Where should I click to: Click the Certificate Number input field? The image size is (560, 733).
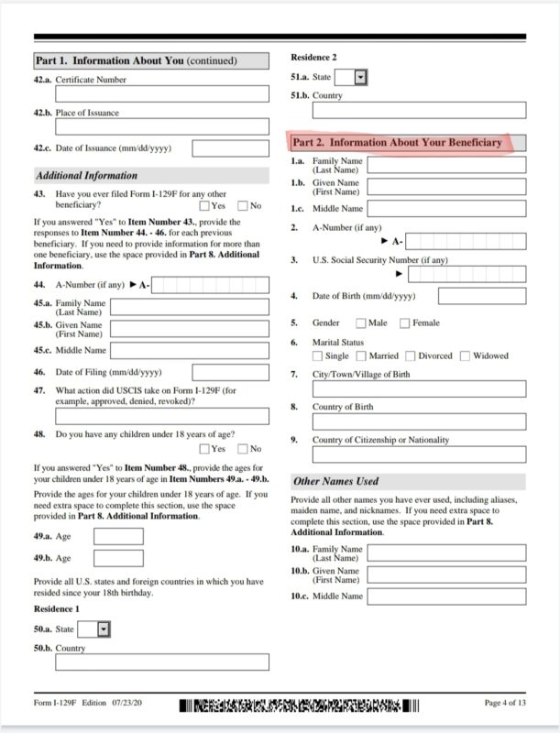tap(162, 93)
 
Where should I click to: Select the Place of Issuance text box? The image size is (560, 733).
tap(162, 127)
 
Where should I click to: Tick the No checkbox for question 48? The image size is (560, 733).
tap(243, 448)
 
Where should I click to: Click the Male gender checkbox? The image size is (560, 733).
tap(361, 323)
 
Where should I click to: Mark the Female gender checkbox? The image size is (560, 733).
tap(406, 323)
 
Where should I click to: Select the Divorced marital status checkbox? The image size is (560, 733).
tap(411, 356)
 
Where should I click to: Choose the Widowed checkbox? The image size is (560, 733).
tap(466, 356)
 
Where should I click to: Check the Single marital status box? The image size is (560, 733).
tap(317, 356)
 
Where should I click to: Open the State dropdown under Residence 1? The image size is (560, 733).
tap(104, 629)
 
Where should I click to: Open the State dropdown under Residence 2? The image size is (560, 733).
tap(360, 77)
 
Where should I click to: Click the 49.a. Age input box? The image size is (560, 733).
tap(118, 536)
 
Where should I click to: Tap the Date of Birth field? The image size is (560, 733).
tap(481, 296)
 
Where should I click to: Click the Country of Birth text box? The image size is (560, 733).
tap(419, 421)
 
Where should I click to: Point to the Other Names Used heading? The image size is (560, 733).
tap(335, 481)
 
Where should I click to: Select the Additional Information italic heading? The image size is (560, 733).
tap(86, 175)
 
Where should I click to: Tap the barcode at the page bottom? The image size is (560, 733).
tap(299, 706)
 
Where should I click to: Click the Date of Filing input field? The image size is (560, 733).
tap(218, 372)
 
